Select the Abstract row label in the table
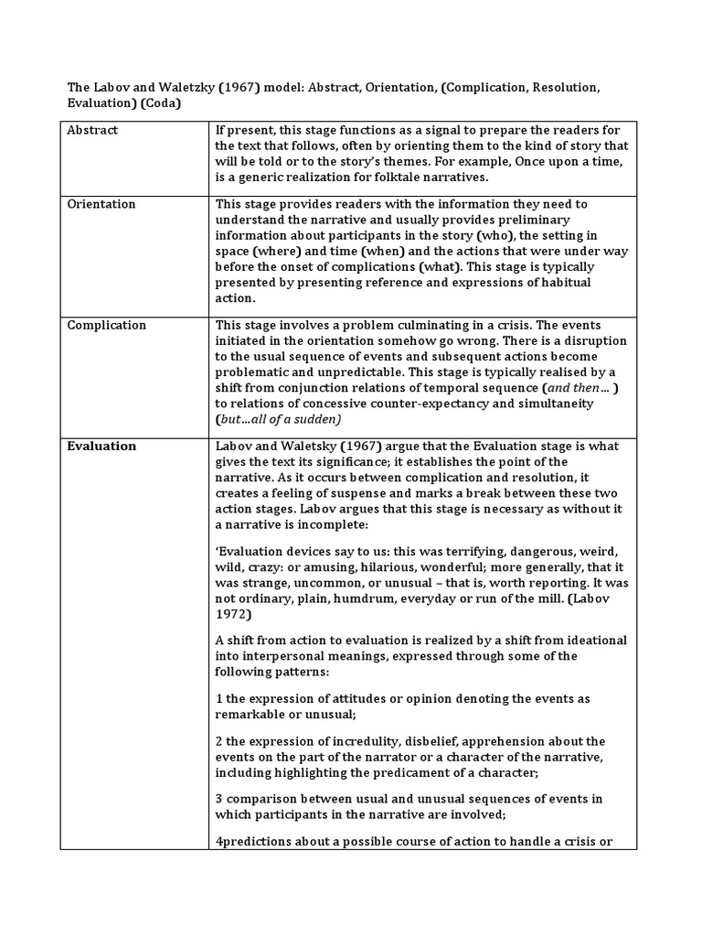(x=93, y=130)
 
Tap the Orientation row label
(x=101, y=204)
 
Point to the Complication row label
(x=107, y=325)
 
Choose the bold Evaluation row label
(x=101, y=446)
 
